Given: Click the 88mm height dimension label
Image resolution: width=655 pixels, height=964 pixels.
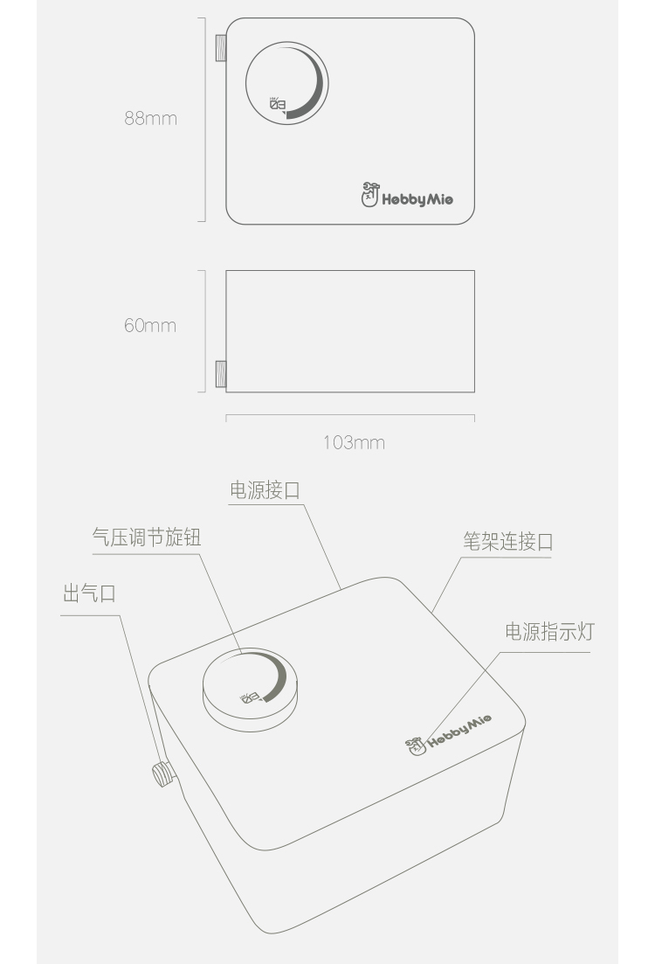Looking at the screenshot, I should [x=150, y=118].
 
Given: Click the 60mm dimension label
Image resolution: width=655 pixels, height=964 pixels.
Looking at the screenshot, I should [x=150, y=326].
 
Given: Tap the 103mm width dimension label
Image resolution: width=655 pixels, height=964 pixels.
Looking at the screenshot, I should [x=354, y=442].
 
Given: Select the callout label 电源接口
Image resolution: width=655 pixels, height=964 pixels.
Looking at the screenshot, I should [x=265, y=490].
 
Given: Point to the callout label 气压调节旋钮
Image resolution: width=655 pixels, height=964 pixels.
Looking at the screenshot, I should [x=147, y=537].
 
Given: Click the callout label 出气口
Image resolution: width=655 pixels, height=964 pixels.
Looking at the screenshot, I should [x=89, y=594].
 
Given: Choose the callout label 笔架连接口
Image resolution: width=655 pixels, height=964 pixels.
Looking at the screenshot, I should [x=508, y=542].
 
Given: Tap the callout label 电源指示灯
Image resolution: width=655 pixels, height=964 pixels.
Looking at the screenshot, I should [x=548, y=632].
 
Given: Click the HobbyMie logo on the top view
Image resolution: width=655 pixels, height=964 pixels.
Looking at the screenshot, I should [x=407, y=198].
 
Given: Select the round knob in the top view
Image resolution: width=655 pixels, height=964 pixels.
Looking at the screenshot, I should [x=287, y=81].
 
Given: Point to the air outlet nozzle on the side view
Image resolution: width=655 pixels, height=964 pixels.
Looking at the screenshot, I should [x=221, y=373].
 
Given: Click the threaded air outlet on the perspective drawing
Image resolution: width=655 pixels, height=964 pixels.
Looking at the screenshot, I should [x=162, y=773].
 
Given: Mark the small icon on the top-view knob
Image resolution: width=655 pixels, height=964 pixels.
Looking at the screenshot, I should [x=278, y=105].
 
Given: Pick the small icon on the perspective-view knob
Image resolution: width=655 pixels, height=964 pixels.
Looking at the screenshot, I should [x=250, y=697].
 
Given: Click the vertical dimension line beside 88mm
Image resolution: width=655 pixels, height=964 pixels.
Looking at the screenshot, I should [x=204, y=119].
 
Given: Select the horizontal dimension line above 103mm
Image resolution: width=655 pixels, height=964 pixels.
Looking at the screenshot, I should [x=350, y=416].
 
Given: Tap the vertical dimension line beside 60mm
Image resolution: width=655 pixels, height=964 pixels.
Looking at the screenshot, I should [x=204, y=330].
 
